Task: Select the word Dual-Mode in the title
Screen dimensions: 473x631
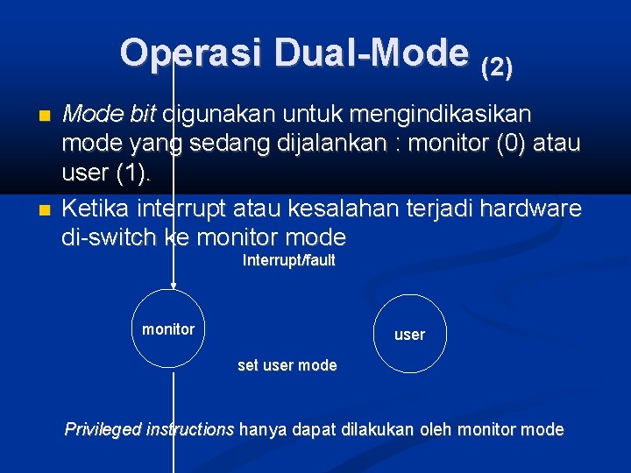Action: [x=371, y=53]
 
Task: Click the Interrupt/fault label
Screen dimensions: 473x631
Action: [x=288, y=260]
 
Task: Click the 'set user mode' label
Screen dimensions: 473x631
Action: [x=287, y=365]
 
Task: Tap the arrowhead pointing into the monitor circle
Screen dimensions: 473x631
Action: [x=174, y=285]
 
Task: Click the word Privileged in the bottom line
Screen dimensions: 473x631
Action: [x=103, y=429]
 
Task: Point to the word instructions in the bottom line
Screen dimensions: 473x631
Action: [x=190, y=429]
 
